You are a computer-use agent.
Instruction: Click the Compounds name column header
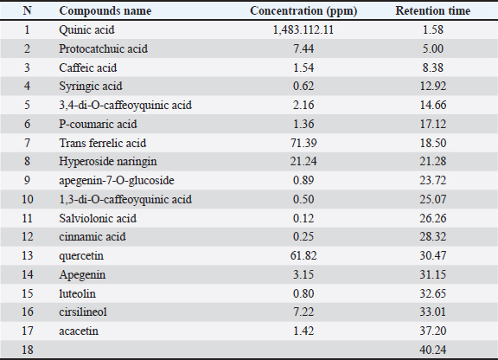pos(105,10)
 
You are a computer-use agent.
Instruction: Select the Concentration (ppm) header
pos(303,11)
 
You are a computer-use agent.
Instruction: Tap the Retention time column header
pos(432,10)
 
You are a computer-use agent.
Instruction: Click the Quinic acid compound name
pos(86,30)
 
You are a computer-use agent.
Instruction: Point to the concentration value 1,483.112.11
pos(303,30)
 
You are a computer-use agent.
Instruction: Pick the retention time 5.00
pos(433,48)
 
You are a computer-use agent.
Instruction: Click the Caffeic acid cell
pos(88,67)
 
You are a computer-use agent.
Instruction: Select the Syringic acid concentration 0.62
pos(303,87)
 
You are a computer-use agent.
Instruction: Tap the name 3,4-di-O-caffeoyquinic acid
pos(125,106)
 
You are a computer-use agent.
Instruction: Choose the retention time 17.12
pos(433,124)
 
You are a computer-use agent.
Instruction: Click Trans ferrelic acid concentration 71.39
pos(303,143)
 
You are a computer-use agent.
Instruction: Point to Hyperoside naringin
pos(108,162)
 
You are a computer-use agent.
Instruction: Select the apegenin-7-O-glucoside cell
pos(117,181)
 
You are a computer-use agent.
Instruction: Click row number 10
pos(28,199)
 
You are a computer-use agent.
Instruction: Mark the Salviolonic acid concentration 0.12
pos(303,218)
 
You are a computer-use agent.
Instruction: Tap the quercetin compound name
pos(81,256)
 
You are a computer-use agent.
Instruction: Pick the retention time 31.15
pos(433,275)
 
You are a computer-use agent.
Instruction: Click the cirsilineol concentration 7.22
pos(303,312)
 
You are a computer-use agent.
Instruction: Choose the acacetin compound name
pos(79,331)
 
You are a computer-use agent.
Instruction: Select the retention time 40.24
pos(433,350)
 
